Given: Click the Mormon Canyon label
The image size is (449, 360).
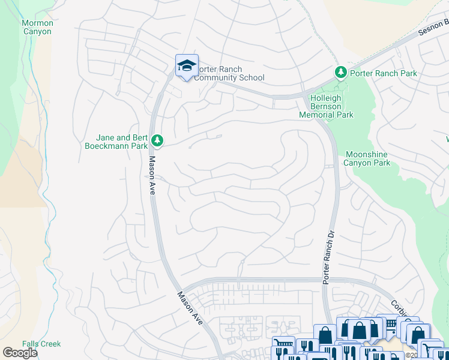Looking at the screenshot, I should [x=38, y=27].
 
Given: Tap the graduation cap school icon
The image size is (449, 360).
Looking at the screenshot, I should [x=187, y=65].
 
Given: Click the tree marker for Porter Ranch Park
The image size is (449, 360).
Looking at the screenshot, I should [x=341, y=73].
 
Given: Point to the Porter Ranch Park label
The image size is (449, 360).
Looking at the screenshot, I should [x=384, y=73].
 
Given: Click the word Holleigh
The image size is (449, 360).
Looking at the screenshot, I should [x=325, y=98].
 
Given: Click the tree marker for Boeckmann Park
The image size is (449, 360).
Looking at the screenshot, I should [x=157, y=140].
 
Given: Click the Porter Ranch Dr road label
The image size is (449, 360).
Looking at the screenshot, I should [x=327, y=256].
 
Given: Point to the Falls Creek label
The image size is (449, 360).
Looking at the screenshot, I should [x=41, y=344].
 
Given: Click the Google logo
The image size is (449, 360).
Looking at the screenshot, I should [x=20, y=353].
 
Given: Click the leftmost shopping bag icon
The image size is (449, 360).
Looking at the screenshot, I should [x=325, y=334].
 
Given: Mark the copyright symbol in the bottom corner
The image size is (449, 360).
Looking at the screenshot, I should [x=408, y=355].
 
